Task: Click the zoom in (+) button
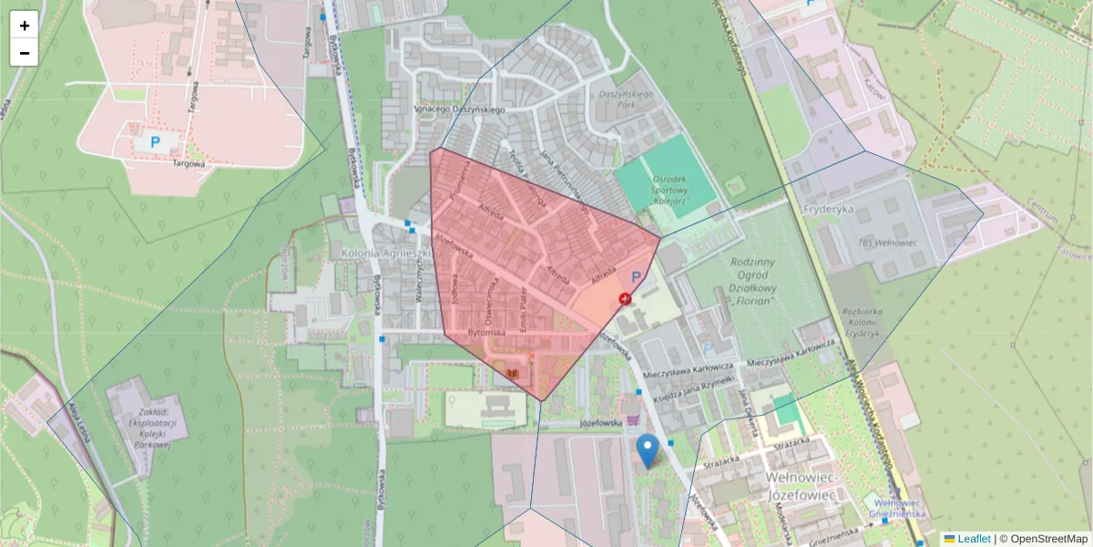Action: tap(25, 26)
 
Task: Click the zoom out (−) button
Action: tap(25, 53)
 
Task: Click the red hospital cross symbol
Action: tap(626, 298)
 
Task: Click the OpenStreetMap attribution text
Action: tap(1048, 539)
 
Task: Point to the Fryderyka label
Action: tap(828, 208)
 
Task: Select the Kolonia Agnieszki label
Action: tap(385, 252)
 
